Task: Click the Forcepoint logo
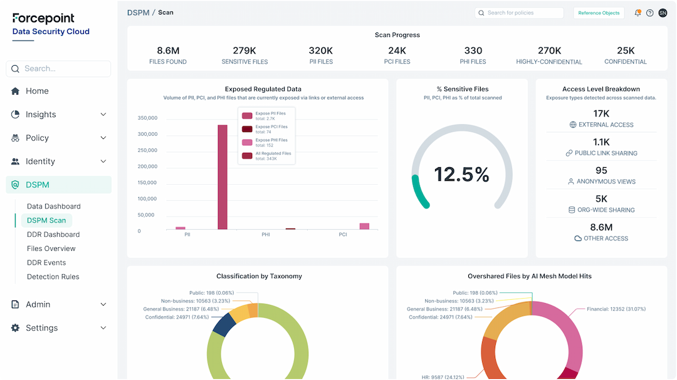(x=43, y=18)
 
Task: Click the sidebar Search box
(x=58, y=69)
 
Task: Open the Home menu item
(x=37, y=91)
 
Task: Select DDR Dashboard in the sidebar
(x=53, y=235)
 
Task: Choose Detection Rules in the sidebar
(x=53, y=277)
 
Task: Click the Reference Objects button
(x=598, y=13)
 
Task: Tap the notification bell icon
(x=638, y=13)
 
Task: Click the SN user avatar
(x=663, y=13)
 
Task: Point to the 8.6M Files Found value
(x=168, y=51)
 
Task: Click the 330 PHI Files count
(x=473, y=51)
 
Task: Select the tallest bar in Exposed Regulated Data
(x=223, y=177)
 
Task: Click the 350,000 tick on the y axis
(x=147, y=118)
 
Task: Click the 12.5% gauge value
(x=461, y=175)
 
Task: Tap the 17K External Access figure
(x=601, y=113)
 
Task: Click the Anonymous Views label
(x=606, y=182)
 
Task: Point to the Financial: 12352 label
(x=616, y=309)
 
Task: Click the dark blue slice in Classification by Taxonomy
(x=223, y=323)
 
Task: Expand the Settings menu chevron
(x=103, y=328)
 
